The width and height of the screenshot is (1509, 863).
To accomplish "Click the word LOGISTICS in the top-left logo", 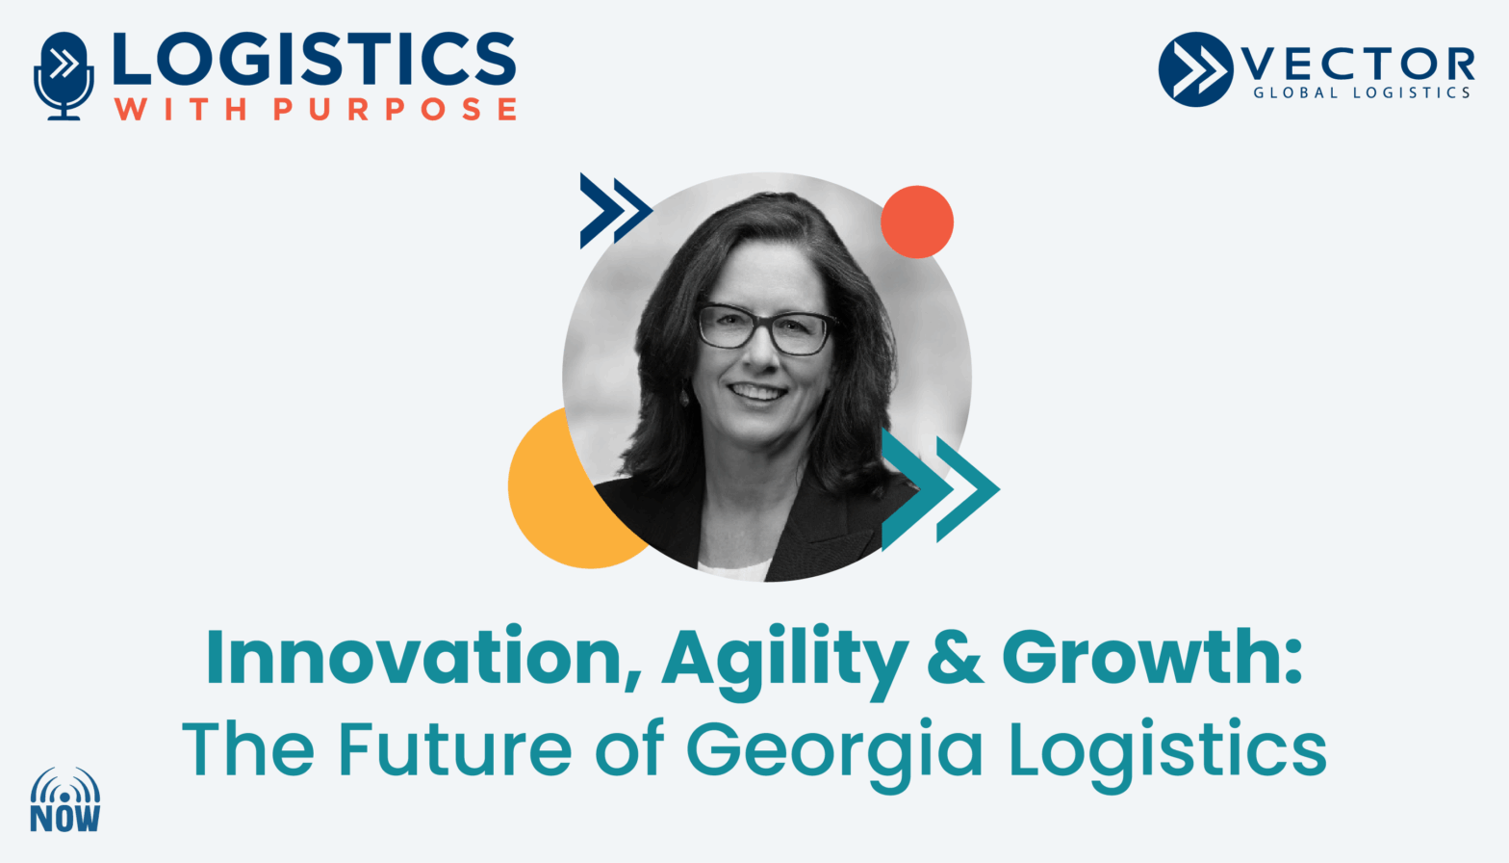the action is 315,60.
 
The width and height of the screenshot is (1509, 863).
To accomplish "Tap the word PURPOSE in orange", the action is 395,109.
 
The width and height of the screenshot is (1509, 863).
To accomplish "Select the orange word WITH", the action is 181,109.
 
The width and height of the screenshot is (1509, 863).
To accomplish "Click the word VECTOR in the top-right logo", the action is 1357,64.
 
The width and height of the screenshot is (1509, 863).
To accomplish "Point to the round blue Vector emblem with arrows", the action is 1195,68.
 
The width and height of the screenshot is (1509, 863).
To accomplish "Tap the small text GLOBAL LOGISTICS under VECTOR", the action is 1362,92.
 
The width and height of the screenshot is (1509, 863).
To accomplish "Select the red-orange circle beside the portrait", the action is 917,222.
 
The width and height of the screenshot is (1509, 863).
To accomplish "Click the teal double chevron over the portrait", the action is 940,489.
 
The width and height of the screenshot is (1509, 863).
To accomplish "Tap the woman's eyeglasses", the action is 767,329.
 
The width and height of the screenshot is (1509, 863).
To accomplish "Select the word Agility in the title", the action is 785,664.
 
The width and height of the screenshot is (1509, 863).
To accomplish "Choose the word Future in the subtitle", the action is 455,749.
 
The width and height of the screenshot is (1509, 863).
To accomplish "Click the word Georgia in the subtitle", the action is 834,755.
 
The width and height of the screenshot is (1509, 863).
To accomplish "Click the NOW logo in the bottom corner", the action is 65,799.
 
